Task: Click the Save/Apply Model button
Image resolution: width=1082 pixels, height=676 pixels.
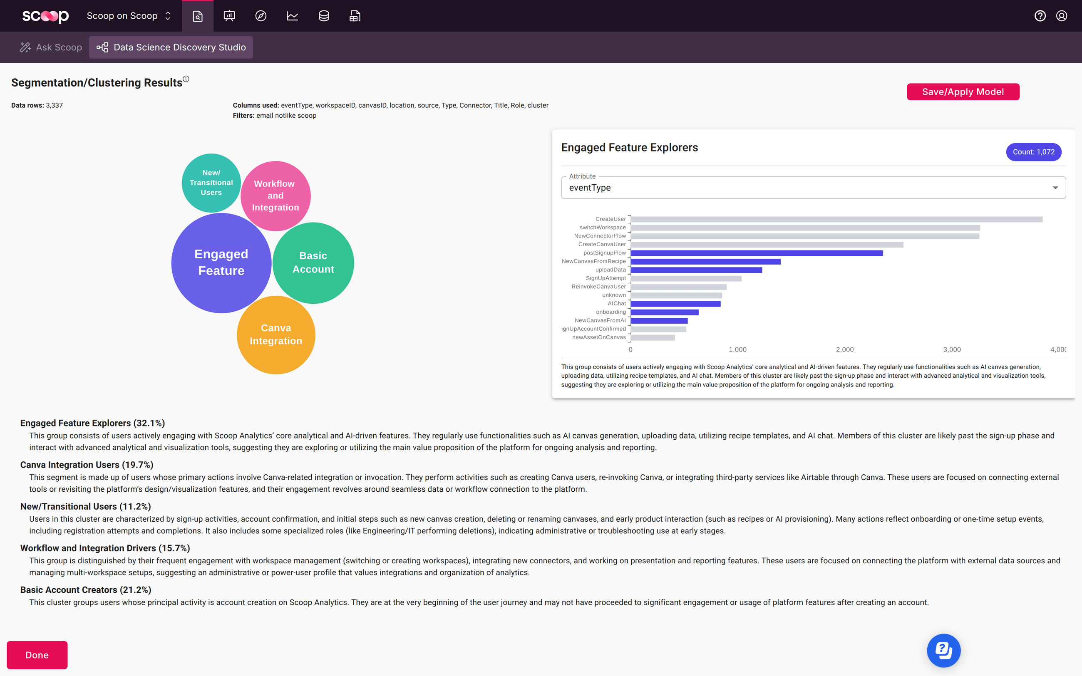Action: [x=963, y=92]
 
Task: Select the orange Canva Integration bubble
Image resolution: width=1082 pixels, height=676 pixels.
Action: [x=276, y=335]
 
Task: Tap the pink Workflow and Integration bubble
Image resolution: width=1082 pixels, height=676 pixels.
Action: [x=275, y=196]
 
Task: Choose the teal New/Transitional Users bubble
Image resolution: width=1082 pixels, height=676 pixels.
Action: [x=211, y=182]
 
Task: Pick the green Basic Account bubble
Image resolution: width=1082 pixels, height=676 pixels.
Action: [x=313, y=262]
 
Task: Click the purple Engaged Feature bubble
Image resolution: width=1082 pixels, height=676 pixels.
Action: [x=221, y=262]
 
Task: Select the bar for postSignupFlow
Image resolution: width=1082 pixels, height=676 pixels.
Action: [x=757, y=253]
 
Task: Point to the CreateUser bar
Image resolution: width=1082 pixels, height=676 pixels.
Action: [x=836, y=219]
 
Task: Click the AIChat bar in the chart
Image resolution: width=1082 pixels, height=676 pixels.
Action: [x=675, y=304]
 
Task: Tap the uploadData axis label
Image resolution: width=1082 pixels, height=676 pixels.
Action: [x=610, y=270]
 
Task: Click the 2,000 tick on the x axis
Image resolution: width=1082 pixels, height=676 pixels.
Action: [x=845, y=349]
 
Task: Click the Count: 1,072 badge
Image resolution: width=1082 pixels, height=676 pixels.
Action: [x=1033, y=152]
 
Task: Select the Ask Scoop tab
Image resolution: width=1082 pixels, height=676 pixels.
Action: [x=51, y=47]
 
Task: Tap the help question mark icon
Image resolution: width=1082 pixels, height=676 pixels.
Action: [x=1040, y=16]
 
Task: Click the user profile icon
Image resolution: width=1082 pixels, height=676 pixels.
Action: [x=1062, y=16]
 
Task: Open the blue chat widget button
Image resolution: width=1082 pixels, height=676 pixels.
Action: [x=943, y=650]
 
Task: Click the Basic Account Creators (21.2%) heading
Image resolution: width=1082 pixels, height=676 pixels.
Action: [x=86, y=590]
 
